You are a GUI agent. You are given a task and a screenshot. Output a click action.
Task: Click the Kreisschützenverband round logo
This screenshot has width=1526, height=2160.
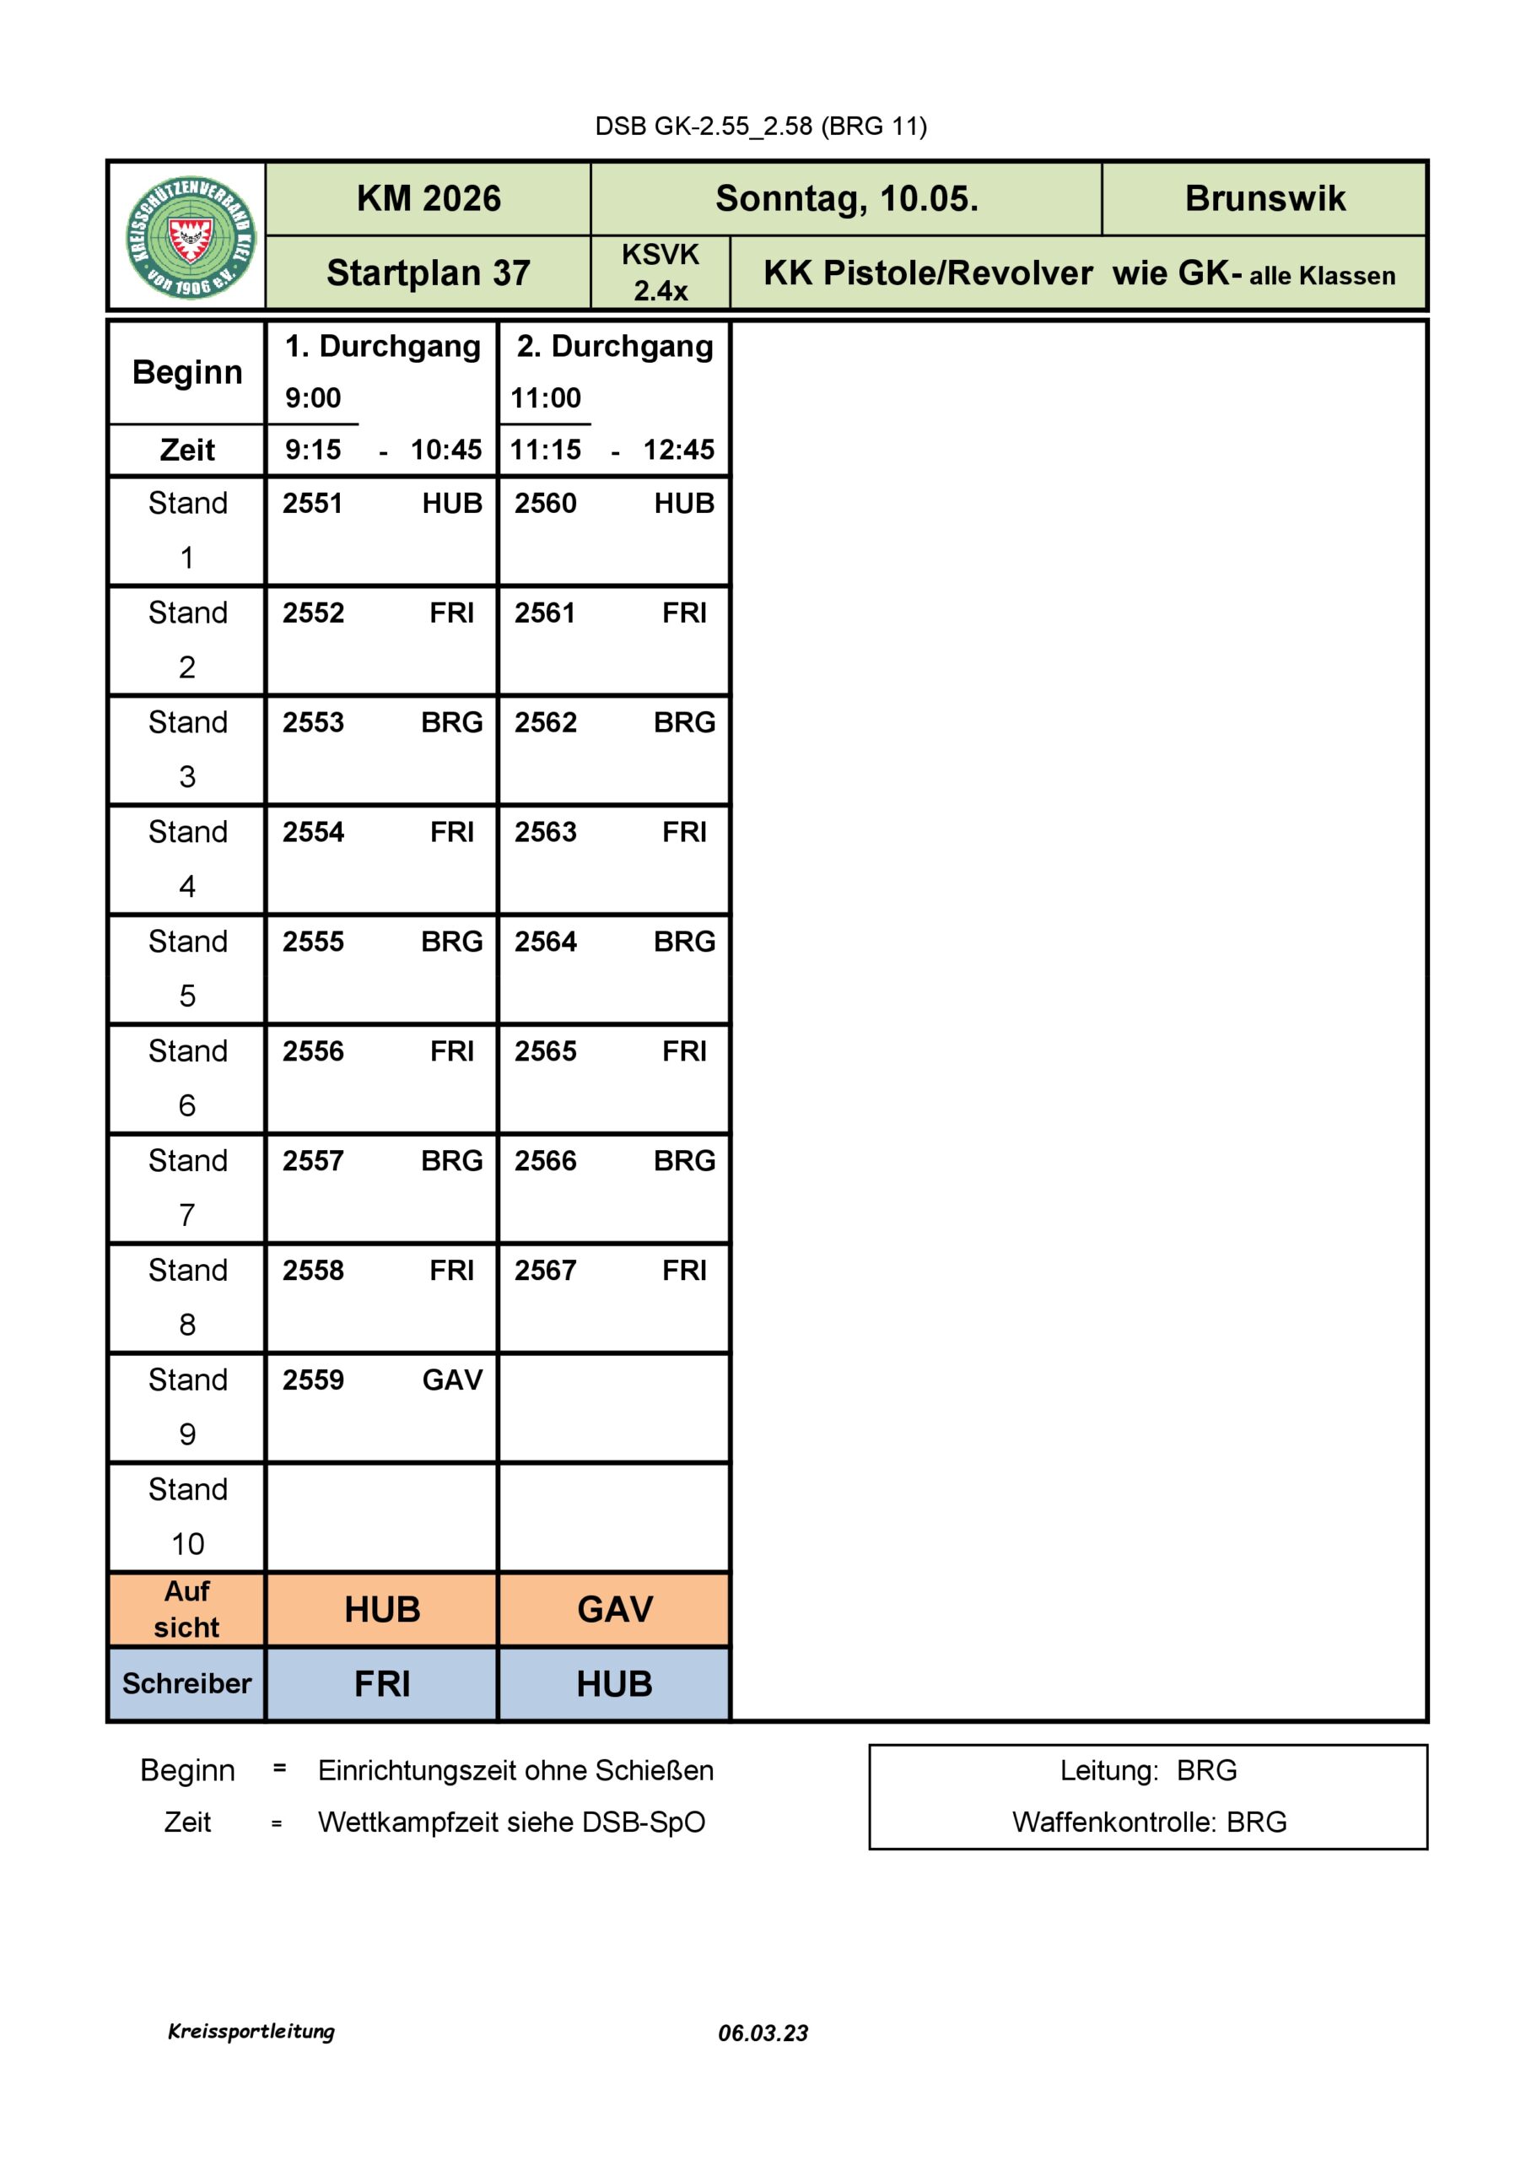coord(191,237)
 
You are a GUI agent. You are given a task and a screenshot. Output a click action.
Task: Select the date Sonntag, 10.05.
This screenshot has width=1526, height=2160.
coord(846,198)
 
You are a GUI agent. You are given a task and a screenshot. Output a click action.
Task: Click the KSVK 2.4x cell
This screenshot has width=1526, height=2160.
coord(660,272)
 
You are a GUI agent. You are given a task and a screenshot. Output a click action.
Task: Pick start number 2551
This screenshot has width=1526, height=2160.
coord(312,504)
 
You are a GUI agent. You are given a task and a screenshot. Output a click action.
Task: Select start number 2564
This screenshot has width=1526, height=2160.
coord(545,942)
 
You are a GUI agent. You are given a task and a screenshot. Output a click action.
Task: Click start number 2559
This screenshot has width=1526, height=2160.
coord(312,1380)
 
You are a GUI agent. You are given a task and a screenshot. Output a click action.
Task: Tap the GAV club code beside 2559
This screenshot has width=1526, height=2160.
coord(451,1380)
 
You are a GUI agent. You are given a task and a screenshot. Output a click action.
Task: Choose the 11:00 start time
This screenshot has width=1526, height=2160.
coord(545,398)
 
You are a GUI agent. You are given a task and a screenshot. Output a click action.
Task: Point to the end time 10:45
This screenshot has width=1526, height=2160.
coord(445,450)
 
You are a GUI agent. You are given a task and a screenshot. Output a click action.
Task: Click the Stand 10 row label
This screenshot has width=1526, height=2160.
coord(187,1516)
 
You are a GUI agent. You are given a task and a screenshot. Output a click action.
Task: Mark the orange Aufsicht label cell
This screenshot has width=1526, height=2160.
coord(187,1609)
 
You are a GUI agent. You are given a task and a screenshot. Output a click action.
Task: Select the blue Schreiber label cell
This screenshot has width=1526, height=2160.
coord(187,1683)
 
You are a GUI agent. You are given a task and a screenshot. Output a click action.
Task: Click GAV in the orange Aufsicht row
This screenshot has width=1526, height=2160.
coord(614,1609)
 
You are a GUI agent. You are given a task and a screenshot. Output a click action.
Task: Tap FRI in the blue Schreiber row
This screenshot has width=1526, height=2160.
coord(382,1684)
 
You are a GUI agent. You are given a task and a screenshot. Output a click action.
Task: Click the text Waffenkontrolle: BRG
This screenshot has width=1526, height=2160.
coord(1149,1822)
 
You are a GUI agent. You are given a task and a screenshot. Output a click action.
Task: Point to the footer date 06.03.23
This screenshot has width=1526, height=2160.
coord(762,2033)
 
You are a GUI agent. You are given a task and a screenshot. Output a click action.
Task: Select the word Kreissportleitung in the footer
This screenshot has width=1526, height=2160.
coord(251,2031)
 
